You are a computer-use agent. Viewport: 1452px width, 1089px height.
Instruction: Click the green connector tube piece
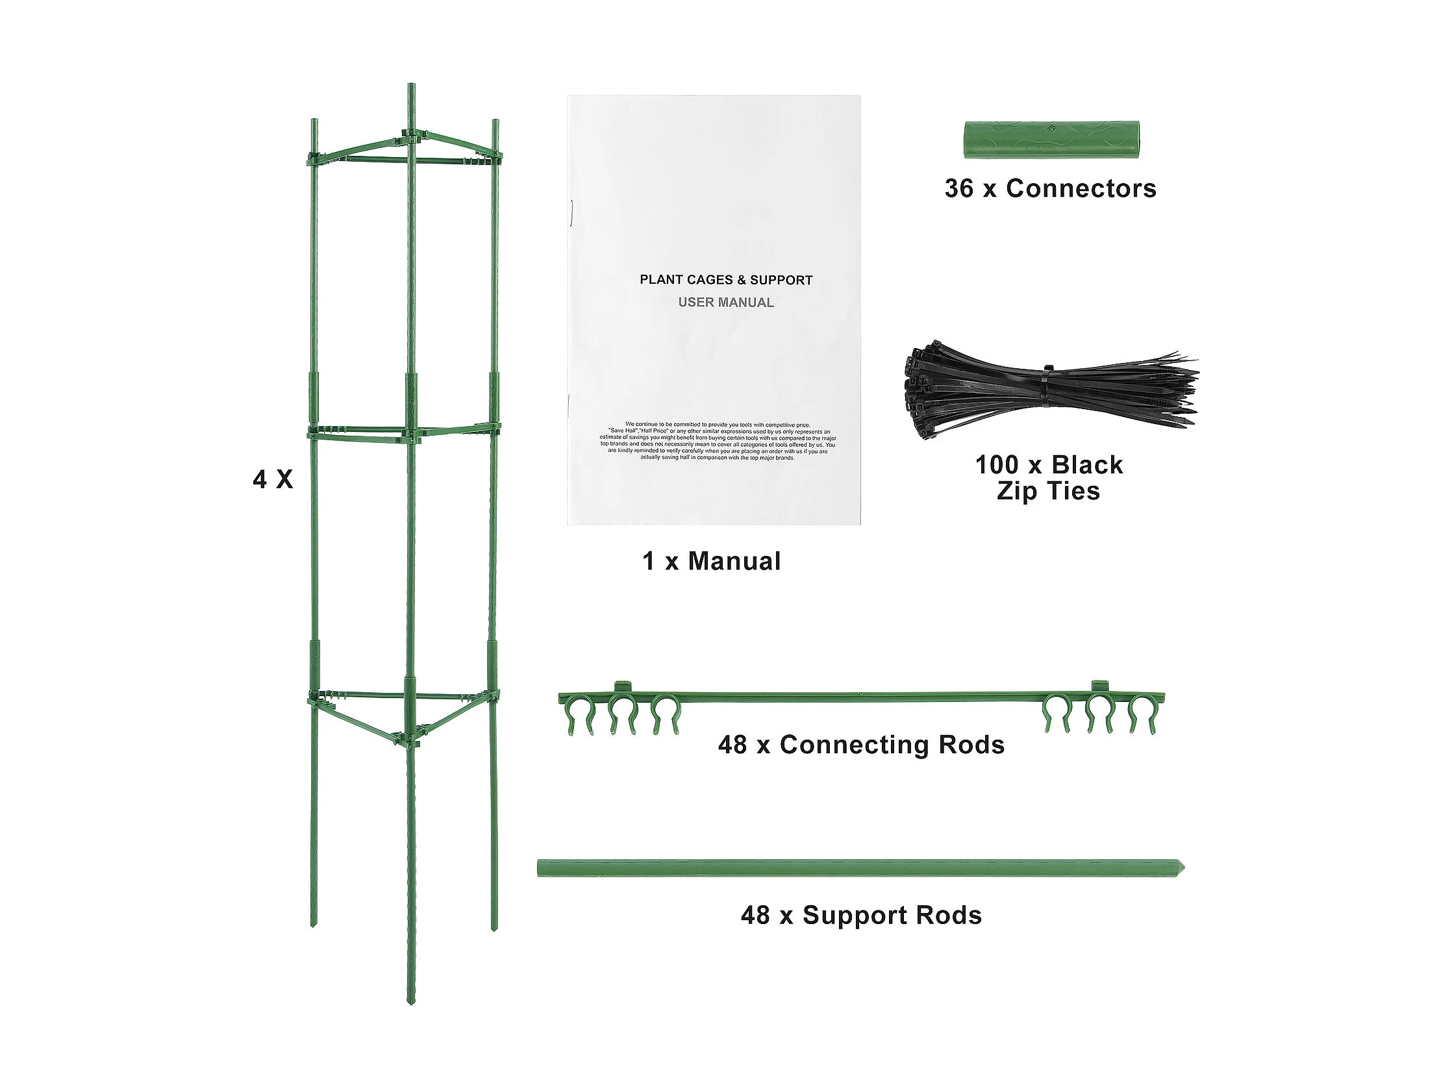coord(1051,139)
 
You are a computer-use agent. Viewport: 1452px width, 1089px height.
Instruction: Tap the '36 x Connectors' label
coord(1049,188)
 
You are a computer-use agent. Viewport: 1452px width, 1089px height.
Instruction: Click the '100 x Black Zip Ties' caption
coord(1048,477)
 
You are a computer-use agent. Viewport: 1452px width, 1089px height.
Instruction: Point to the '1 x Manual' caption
coord(712,560)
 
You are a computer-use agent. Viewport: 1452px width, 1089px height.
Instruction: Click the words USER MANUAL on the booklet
coord(725,303)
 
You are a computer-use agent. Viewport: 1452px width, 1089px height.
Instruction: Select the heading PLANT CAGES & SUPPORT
coord(726,280)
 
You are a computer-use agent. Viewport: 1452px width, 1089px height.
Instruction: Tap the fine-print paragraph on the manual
coord(718,441)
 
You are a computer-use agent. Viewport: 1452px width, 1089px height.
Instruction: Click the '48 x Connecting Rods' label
coord(860,744)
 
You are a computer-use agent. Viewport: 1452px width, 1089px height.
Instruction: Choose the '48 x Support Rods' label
coord(860,915)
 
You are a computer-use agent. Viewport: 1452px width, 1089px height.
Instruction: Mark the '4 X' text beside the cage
coord(273,479)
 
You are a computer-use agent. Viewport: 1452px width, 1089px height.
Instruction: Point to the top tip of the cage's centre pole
coord(411,87)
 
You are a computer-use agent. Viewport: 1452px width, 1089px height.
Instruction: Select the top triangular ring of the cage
coord(405,149)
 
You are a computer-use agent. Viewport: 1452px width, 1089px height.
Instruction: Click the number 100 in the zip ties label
coord(997,465)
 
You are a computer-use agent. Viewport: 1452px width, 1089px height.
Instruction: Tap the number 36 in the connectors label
coord(959,188)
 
